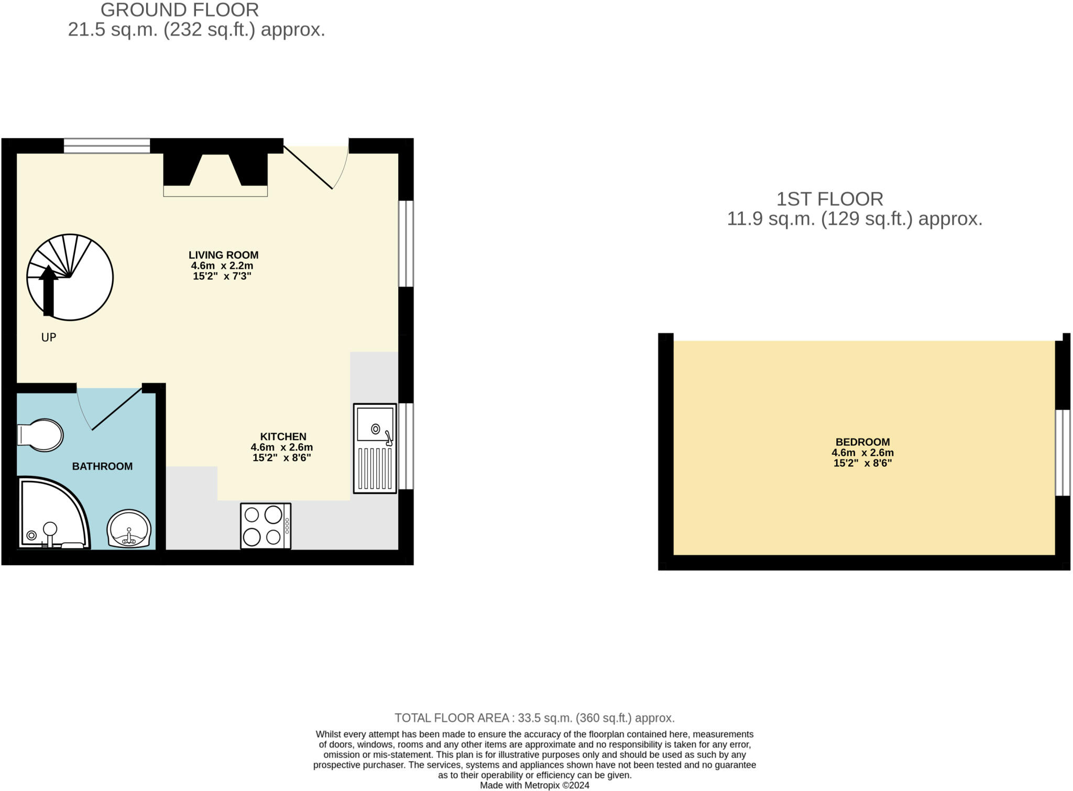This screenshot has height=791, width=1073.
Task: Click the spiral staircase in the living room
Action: click(x=70, y=277)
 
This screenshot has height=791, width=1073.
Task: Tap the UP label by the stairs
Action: click(x=49, y=337)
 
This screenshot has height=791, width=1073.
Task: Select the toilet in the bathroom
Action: click(x=41, y=435)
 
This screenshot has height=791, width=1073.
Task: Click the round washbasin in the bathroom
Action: click(x=129, y=529)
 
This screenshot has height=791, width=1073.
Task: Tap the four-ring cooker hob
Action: click(x=265, y=526)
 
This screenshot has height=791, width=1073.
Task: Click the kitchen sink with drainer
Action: click(x=375, y=448)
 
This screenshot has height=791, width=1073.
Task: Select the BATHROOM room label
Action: click(x=102, y=466)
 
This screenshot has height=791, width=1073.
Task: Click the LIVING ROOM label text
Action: click(x=224, y=255)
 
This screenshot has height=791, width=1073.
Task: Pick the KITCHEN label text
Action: click(x=283, y=436)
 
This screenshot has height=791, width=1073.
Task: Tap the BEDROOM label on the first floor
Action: click(x=862, y=442)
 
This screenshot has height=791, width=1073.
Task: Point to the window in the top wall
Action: click(x=107, y=146)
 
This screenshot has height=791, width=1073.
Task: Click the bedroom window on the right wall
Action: click(x=1063, y=453)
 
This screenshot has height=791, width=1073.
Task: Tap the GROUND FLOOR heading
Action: click(x=180, y=10)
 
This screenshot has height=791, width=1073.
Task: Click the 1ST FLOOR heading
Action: click(x=829, y=199)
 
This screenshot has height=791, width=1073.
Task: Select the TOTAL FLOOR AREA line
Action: click(x=534, y=718)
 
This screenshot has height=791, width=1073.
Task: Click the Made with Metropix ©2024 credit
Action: click(x=534, y=785)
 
